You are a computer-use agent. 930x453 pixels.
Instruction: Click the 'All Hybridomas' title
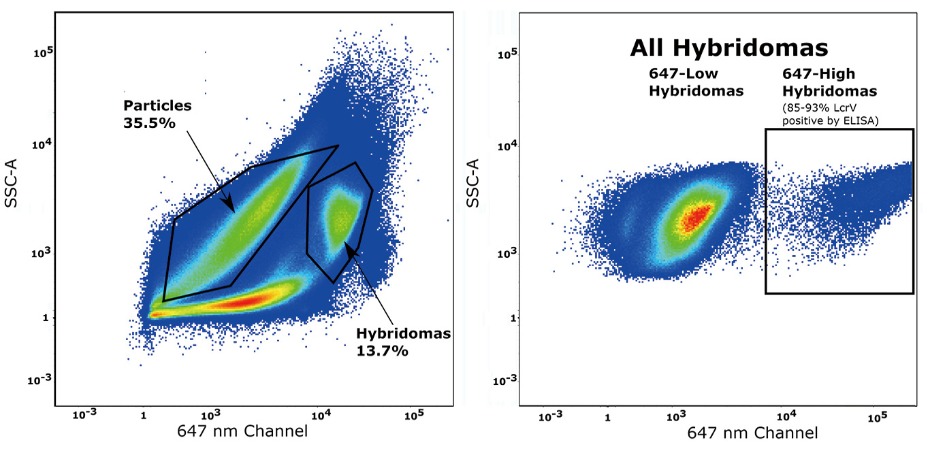[x=728, y=48]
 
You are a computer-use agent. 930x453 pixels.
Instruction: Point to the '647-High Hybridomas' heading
[x=820, y=81]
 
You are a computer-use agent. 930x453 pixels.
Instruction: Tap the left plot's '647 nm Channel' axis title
[x=252, y=431]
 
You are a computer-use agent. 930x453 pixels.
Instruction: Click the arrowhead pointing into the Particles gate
[x=231, y=206]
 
